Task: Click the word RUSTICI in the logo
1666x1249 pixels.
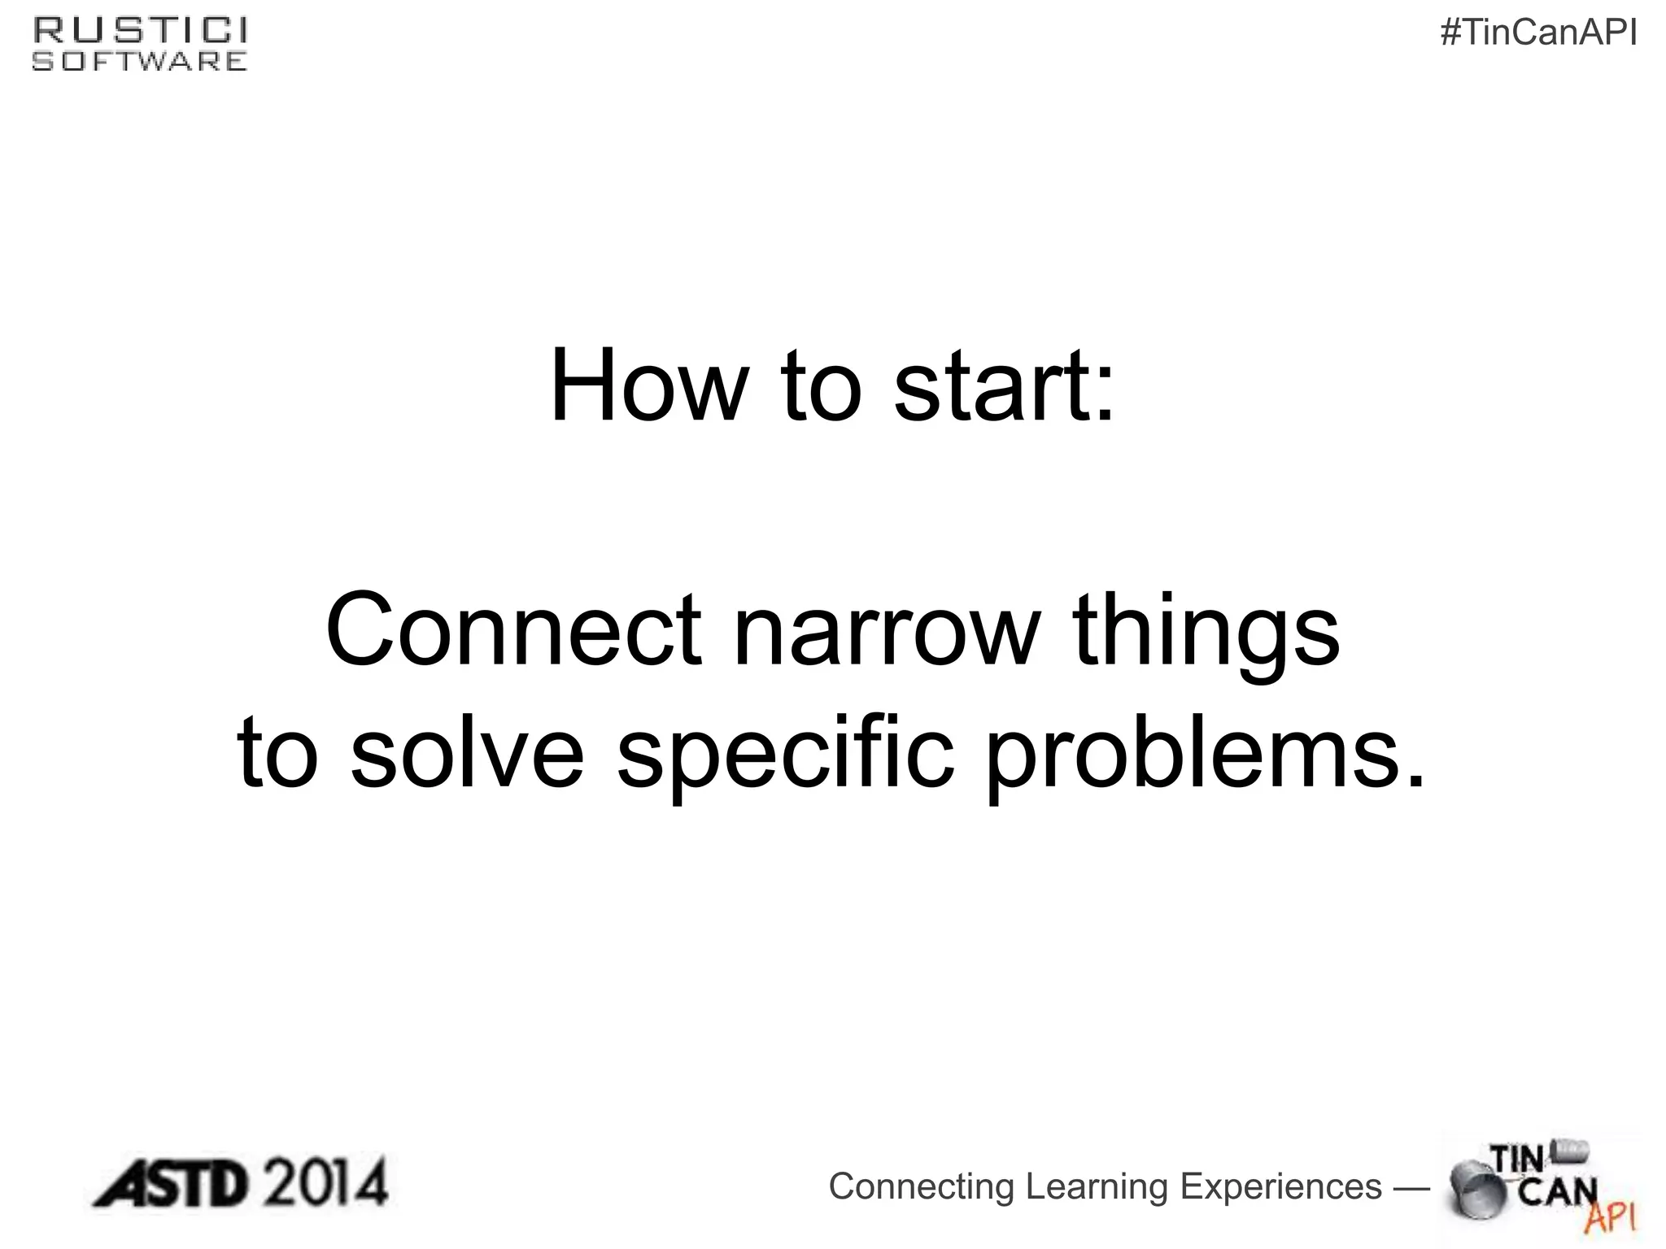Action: point(140,31)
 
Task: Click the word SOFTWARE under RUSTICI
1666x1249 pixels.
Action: point(140,62)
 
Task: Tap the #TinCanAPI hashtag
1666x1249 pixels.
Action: point(1538,34)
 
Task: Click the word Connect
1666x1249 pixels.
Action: point(513,630)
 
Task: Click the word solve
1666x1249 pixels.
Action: point(467,752)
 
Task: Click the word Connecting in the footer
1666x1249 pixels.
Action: point(922,1187)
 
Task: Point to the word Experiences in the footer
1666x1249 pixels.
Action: point(1280,1187)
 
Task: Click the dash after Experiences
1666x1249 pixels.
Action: point(1411,1188)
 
